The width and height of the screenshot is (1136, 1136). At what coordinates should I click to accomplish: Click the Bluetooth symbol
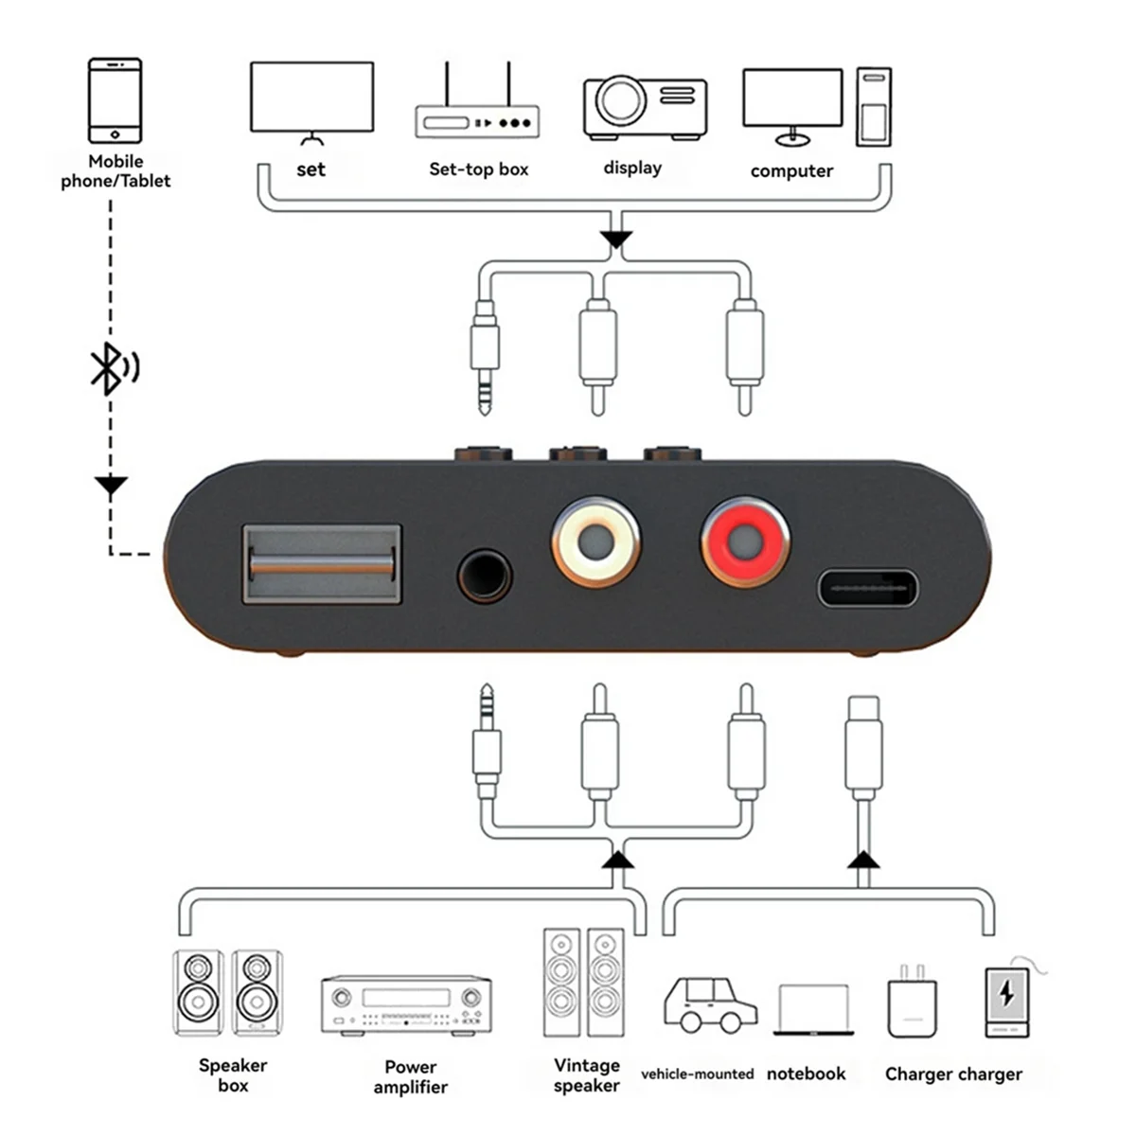pyautogui.click(x=113, y=368)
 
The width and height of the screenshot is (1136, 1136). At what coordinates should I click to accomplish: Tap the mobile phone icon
pyautogui.click(x=115, y=100)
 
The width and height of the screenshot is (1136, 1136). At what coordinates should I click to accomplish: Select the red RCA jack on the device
pyautogui.click(x=745, y=541)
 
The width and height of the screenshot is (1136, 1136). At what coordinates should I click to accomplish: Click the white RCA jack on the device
pyautogui.click(x=596, y=541)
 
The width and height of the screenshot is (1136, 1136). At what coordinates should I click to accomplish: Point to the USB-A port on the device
pyautogui.click(x=322, y=564)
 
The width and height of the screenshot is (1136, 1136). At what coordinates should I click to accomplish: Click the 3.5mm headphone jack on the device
pyautogui.click(x=485, y=576)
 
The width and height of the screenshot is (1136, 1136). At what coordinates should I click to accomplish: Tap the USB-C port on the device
pyautogui.click(x=867, y=588)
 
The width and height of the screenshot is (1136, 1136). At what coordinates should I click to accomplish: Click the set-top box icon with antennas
pyautogui.click(x=477, y=110)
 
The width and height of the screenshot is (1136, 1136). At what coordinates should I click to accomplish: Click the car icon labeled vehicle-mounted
pyautogui.click(x=709, y=1004)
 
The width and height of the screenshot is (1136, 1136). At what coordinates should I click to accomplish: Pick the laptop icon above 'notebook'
pyautogui.click(x=813, y=1010)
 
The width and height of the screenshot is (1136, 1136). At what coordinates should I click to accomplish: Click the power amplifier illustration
pyautogui.click(x=406, y=1004)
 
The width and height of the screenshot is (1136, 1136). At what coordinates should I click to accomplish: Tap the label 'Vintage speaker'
pyautogui.click(x=586, y=1075)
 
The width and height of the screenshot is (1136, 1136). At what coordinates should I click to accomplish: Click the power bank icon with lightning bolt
pyautogui.click(x=1006, y=1002)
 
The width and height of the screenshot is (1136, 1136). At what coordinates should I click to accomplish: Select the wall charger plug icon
pyautogui.click(x=912, y=1003)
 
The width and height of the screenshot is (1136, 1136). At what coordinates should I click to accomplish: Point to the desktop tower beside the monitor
pyautogui.click(x=873, y=106)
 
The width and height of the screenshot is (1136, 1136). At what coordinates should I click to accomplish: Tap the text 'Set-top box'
pyautogui.click(x=478, y=169)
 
